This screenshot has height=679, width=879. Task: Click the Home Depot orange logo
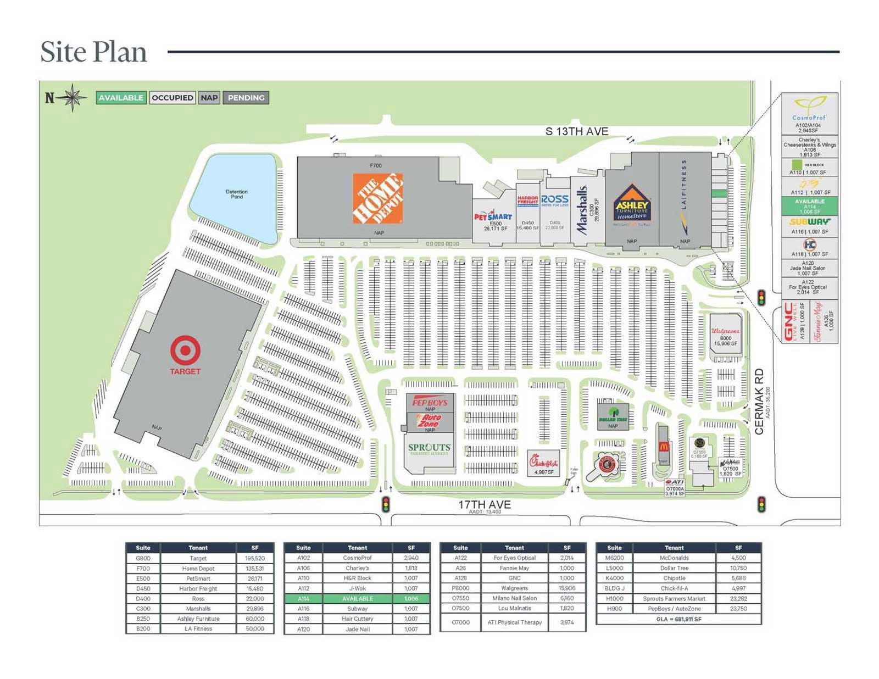click(x=377, y=198)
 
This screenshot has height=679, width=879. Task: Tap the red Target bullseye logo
click(x=185, y=350)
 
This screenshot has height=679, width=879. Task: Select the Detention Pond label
click(x=237, y=194)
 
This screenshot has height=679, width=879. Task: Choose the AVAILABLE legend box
click(x=121, y=98)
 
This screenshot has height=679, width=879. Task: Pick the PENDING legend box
click(x=246, y=98)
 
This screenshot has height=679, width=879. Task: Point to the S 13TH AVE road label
click(x=577, y=131)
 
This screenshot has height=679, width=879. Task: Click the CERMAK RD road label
click(x=759, y=402)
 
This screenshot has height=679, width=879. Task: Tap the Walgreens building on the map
click(x=726, y=336)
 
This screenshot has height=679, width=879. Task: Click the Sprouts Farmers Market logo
click(x=430, y=449)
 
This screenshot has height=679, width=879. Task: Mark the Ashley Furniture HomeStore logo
click(x=632, y=205)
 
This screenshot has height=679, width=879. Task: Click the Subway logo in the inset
click(x=810, y=222)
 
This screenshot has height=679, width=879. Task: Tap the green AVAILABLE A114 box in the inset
click(x=810, y=206)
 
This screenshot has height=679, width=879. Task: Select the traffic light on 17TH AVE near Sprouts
click(x=386, y=504)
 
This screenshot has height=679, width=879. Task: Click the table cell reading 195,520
click(x=255, y=558)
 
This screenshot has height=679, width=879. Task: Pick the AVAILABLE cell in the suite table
click(x=357, y=598)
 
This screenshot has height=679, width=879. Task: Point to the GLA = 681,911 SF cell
click(x=678, y=619)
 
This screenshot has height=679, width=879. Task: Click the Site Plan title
click(x=94, y=52)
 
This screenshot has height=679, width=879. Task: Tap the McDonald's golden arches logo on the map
click(x=664, y=446)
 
